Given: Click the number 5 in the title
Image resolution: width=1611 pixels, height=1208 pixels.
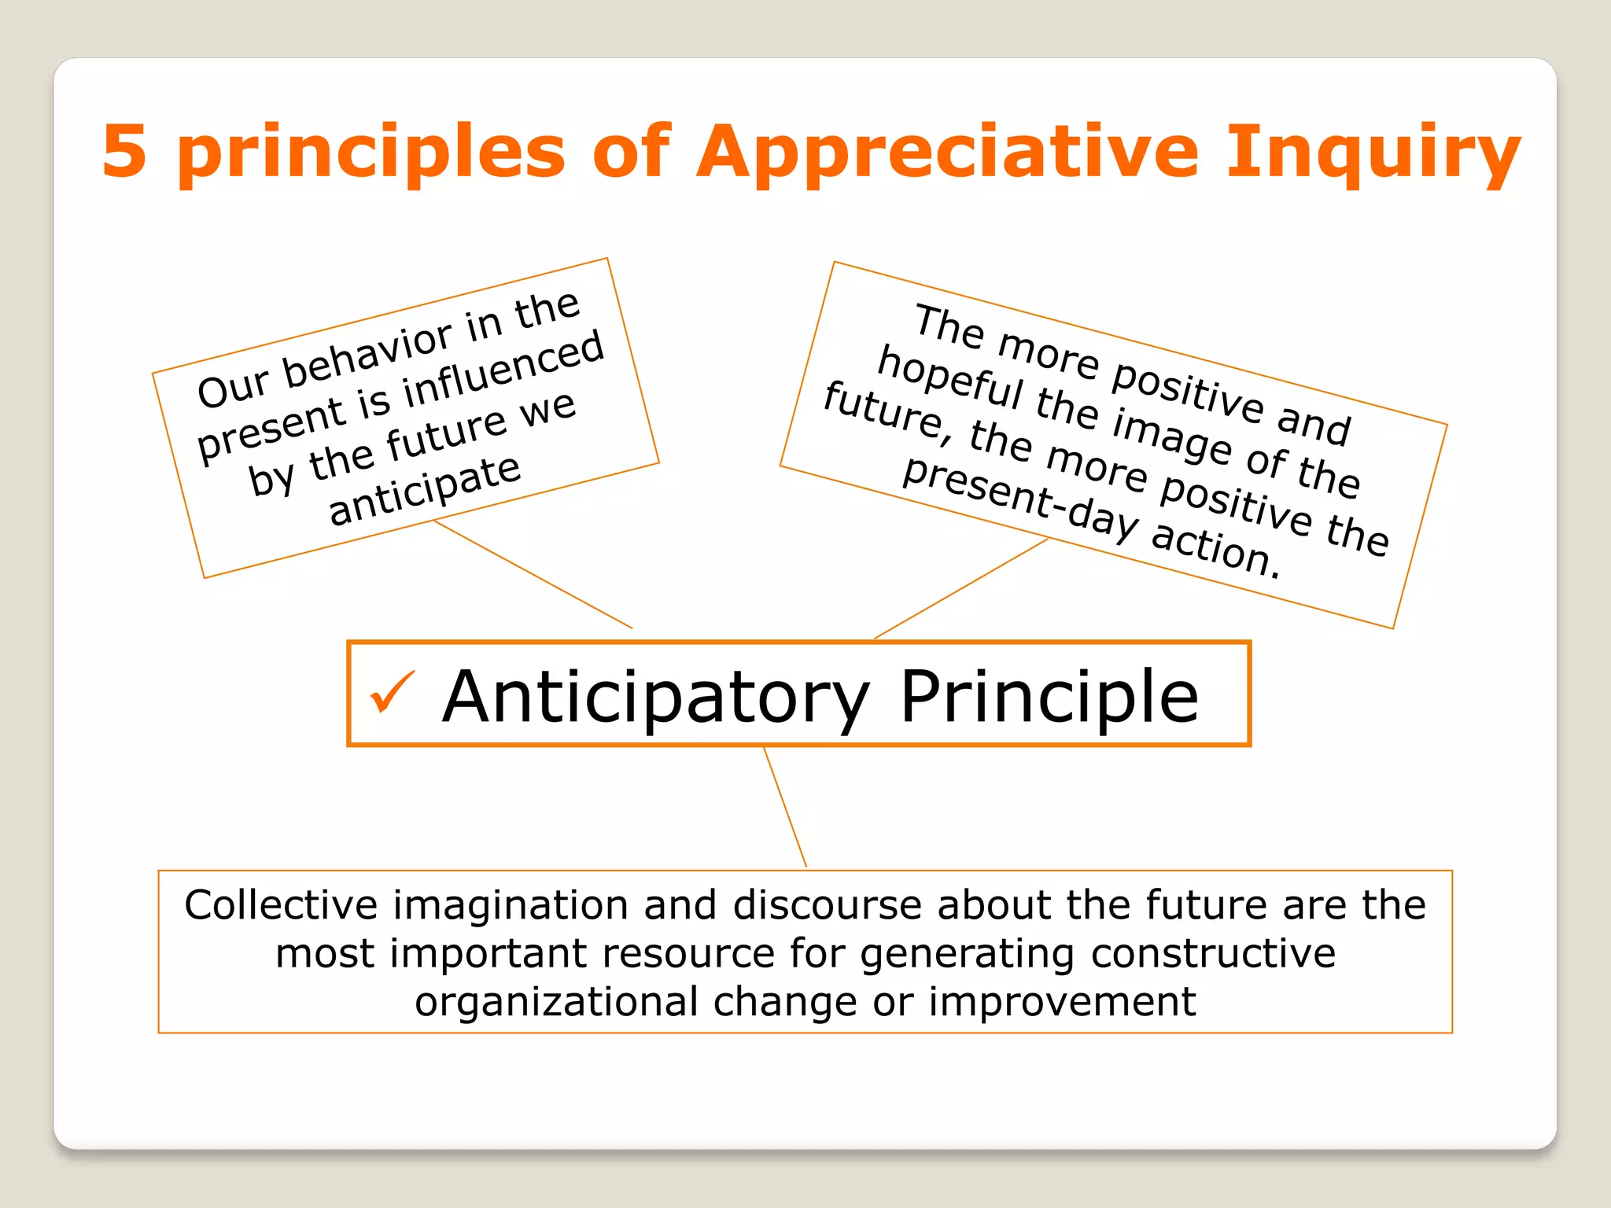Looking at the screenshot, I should click(x=124, y=151).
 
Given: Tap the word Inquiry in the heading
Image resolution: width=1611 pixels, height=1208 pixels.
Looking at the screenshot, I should click(x=1373, y=153).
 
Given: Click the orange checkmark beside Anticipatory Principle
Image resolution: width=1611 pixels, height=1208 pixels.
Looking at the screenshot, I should click(x=392, y=692).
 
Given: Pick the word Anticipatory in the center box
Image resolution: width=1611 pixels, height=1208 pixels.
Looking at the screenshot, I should click(x=655, y=698).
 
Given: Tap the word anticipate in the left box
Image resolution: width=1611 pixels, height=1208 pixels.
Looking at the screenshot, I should click(x=425, y=491).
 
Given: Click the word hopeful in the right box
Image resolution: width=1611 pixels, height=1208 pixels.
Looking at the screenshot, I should click(x=949, y=377).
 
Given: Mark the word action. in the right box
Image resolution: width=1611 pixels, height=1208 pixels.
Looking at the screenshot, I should click(x=1216, y=549).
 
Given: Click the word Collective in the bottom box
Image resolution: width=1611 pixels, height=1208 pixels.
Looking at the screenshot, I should click(x=281, y=904).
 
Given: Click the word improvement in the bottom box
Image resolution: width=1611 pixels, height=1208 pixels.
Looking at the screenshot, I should click(x=1062, y=1002).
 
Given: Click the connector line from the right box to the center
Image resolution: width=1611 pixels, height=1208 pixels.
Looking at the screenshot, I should click(x=961, y=588).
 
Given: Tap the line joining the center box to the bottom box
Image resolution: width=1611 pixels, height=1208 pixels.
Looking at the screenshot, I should click(x=785, y=807).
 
